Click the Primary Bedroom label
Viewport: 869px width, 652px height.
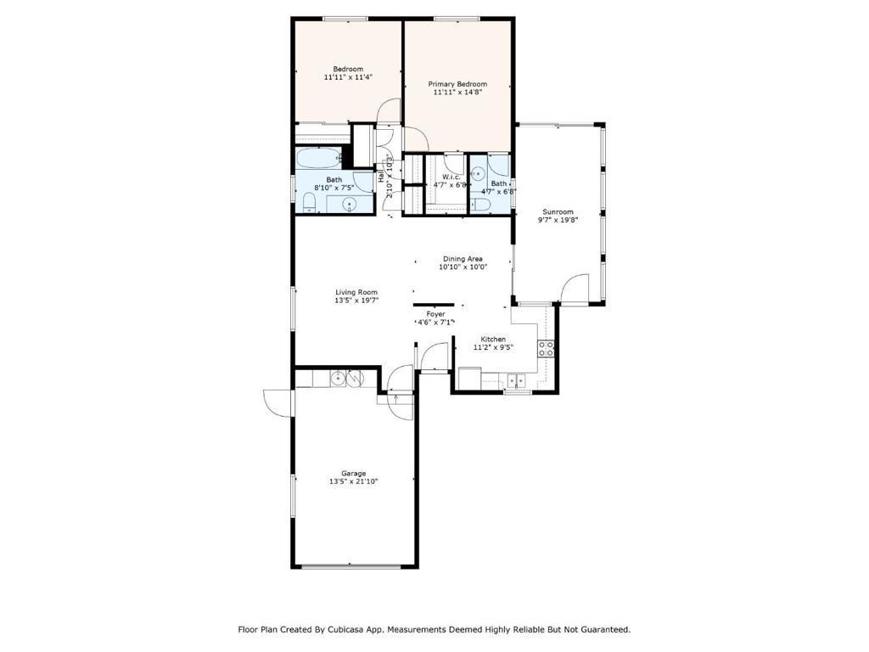(457, 84)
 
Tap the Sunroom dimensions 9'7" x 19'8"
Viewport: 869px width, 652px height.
(558, 220)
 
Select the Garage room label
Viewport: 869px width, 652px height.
(353, 474)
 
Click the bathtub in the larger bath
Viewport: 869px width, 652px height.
(318, 159)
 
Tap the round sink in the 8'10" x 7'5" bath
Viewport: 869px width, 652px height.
(349, 205)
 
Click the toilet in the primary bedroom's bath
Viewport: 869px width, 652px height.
(481, 205)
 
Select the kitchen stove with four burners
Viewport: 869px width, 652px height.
(546, 349)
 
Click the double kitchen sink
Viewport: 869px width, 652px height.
(517, 380)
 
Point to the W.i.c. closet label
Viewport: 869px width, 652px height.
(451, 177)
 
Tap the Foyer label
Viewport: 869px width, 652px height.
(435, 314)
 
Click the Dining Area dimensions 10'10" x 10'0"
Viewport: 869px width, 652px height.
(463, 267)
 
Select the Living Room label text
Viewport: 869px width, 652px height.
(356, 292)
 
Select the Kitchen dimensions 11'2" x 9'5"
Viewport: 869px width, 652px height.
(493, 347)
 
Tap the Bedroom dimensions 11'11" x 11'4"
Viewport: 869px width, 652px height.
(348, 77)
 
